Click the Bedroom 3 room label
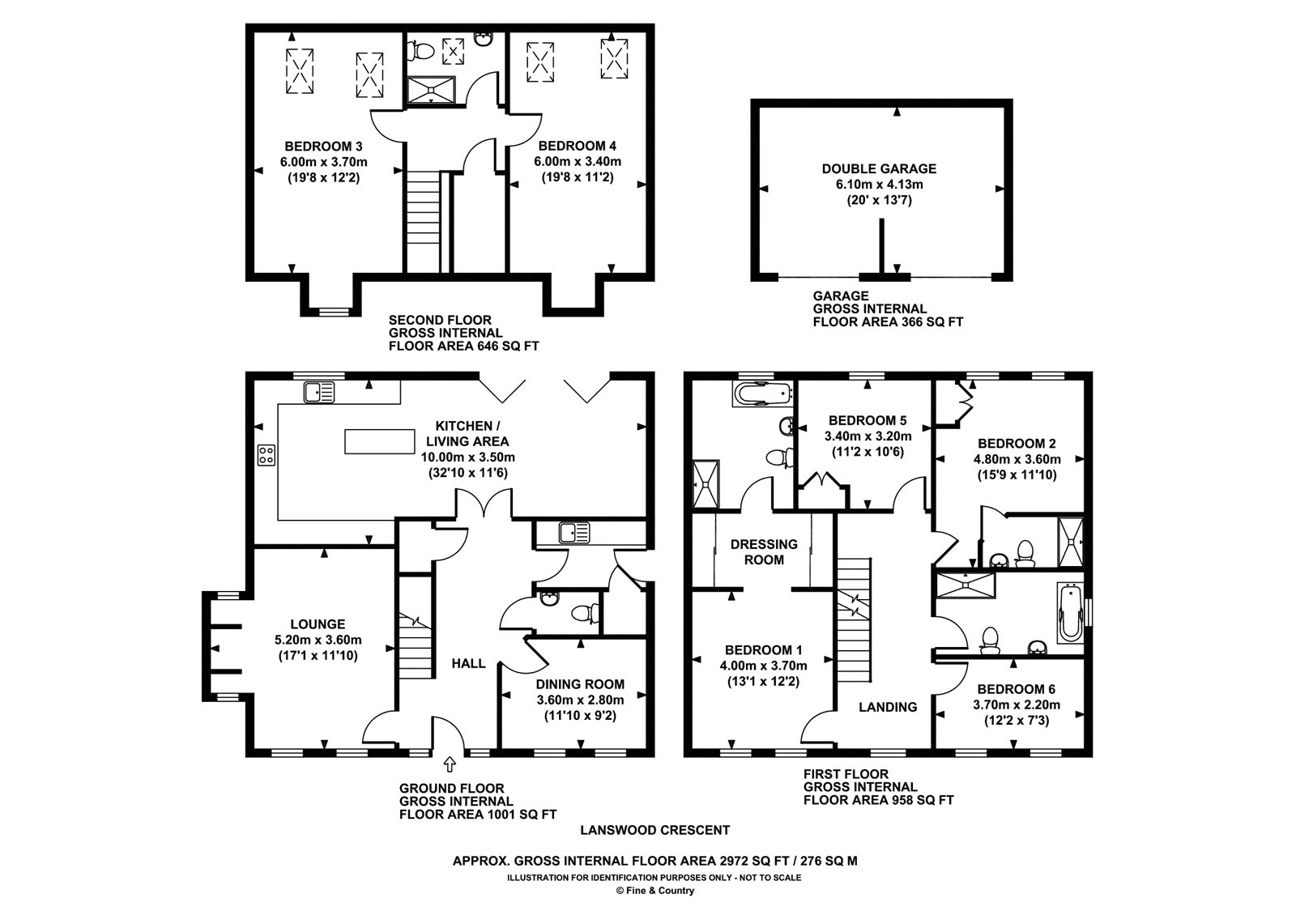pyautogui.click(x=323, y=147)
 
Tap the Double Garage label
pyautogui.click(x=879, y=169)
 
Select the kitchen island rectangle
pyautogui.click(x=380, y=441)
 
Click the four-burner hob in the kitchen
pyautogui.click(x=266, y=454)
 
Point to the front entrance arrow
pyautogui.click(x=449, y=764)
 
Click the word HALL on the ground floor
pyautogui.click(x=468, y=663)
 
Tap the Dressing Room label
pyautogui.click(x=764, y=551)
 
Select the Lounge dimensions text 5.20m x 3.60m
pyautogui.click(x=318, y=640)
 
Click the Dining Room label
pyautogui.click(x=580, y=684)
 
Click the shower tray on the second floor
pyautogui.click(x=431, y=90)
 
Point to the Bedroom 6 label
pyautogui.click(x=1016, y=689)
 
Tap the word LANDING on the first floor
pyautogui.click(x=888, y=707)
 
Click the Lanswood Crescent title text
pyautogui.click(x=655, y=830)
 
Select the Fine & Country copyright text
pyautogui.click(x=654, y=891)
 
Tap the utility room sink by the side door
pyautogui.click(x=574, y=533)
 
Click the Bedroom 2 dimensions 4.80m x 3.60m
pyautogui.click(x=1017, y=459)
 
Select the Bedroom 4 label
pyautogui.click(x=577, y=147)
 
